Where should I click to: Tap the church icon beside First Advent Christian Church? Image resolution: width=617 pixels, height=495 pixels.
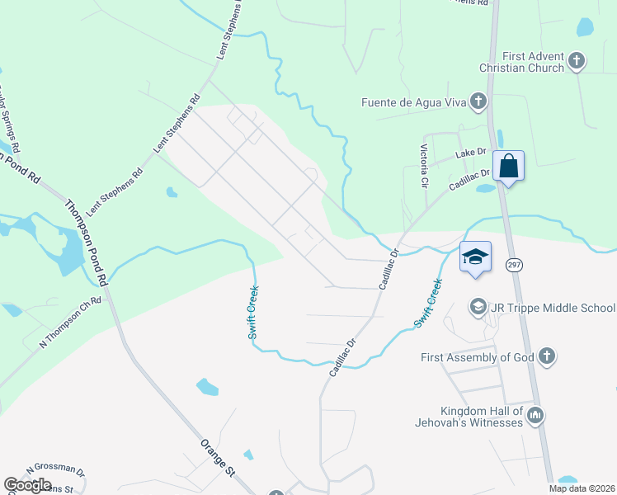(x=577, y=61)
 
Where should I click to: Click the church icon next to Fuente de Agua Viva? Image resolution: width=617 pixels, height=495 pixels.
(x=478, y=102)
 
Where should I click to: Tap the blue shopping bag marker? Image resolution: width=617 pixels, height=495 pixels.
(x=509, y=167)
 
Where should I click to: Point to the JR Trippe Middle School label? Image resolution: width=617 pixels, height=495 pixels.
(x=551, y=308)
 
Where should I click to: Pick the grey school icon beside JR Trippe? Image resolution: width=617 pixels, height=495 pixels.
(x=478, y=308)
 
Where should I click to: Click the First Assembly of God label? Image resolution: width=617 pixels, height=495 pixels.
(x=475, y=357)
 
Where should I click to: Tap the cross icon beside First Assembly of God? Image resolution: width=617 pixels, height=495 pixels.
(x=545, y=356)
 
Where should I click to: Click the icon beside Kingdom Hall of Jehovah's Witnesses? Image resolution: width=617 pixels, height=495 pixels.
(x=536, y=416)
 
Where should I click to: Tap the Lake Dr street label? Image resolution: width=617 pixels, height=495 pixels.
(x=471, y=153)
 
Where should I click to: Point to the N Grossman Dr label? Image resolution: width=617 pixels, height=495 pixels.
(x=55, y=470)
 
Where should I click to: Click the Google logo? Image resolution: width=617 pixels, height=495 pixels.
(x=27, y=485)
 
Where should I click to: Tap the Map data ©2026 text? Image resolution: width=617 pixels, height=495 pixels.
(x=583, y=488)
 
